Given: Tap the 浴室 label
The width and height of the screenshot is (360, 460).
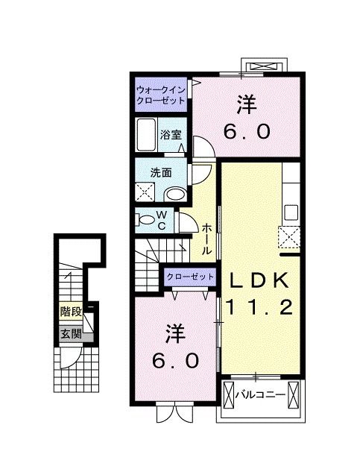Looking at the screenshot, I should (171, 135).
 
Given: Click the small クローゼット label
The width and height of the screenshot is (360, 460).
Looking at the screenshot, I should (190, 277).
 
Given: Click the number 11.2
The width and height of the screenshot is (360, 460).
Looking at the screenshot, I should (261, 306).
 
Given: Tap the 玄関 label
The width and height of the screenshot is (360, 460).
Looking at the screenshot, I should (71, 333).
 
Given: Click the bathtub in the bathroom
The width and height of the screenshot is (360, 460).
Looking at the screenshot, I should (147, 134).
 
